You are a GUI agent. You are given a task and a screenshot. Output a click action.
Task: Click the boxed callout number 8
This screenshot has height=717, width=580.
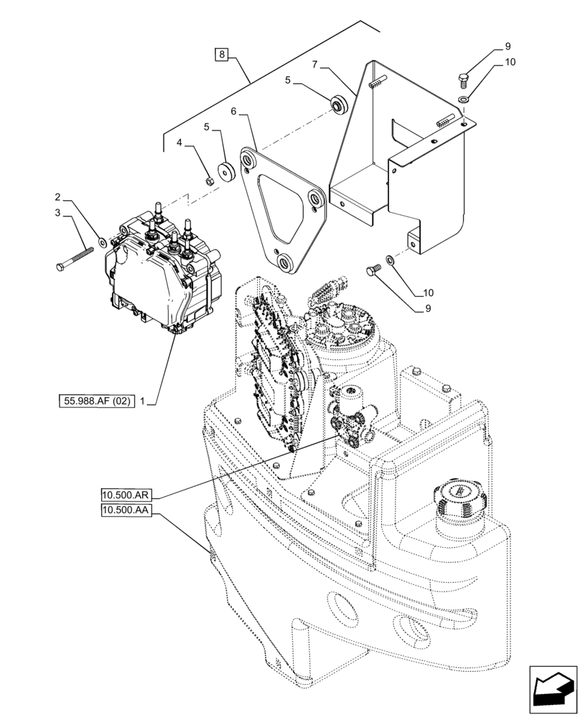tap(222, 54)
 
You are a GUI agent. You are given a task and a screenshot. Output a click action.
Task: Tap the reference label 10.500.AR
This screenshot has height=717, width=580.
tap(126, 494)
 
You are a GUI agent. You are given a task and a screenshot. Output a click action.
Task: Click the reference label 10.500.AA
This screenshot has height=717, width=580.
tap(126, 510)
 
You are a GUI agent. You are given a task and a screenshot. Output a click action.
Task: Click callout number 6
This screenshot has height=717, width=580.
tap(234, 112)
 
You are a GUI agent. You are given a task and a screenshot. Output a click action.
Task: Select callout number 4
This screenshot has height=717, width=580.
tap(179, 143)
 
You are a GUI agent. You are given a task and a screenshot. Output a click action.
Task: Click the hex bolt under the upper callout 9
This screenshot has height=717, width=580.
tap(463, 77)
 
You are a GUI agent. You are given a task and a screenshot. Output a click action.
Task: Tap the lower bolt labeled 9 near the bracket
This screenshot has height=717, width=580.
tap(372, 270)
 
